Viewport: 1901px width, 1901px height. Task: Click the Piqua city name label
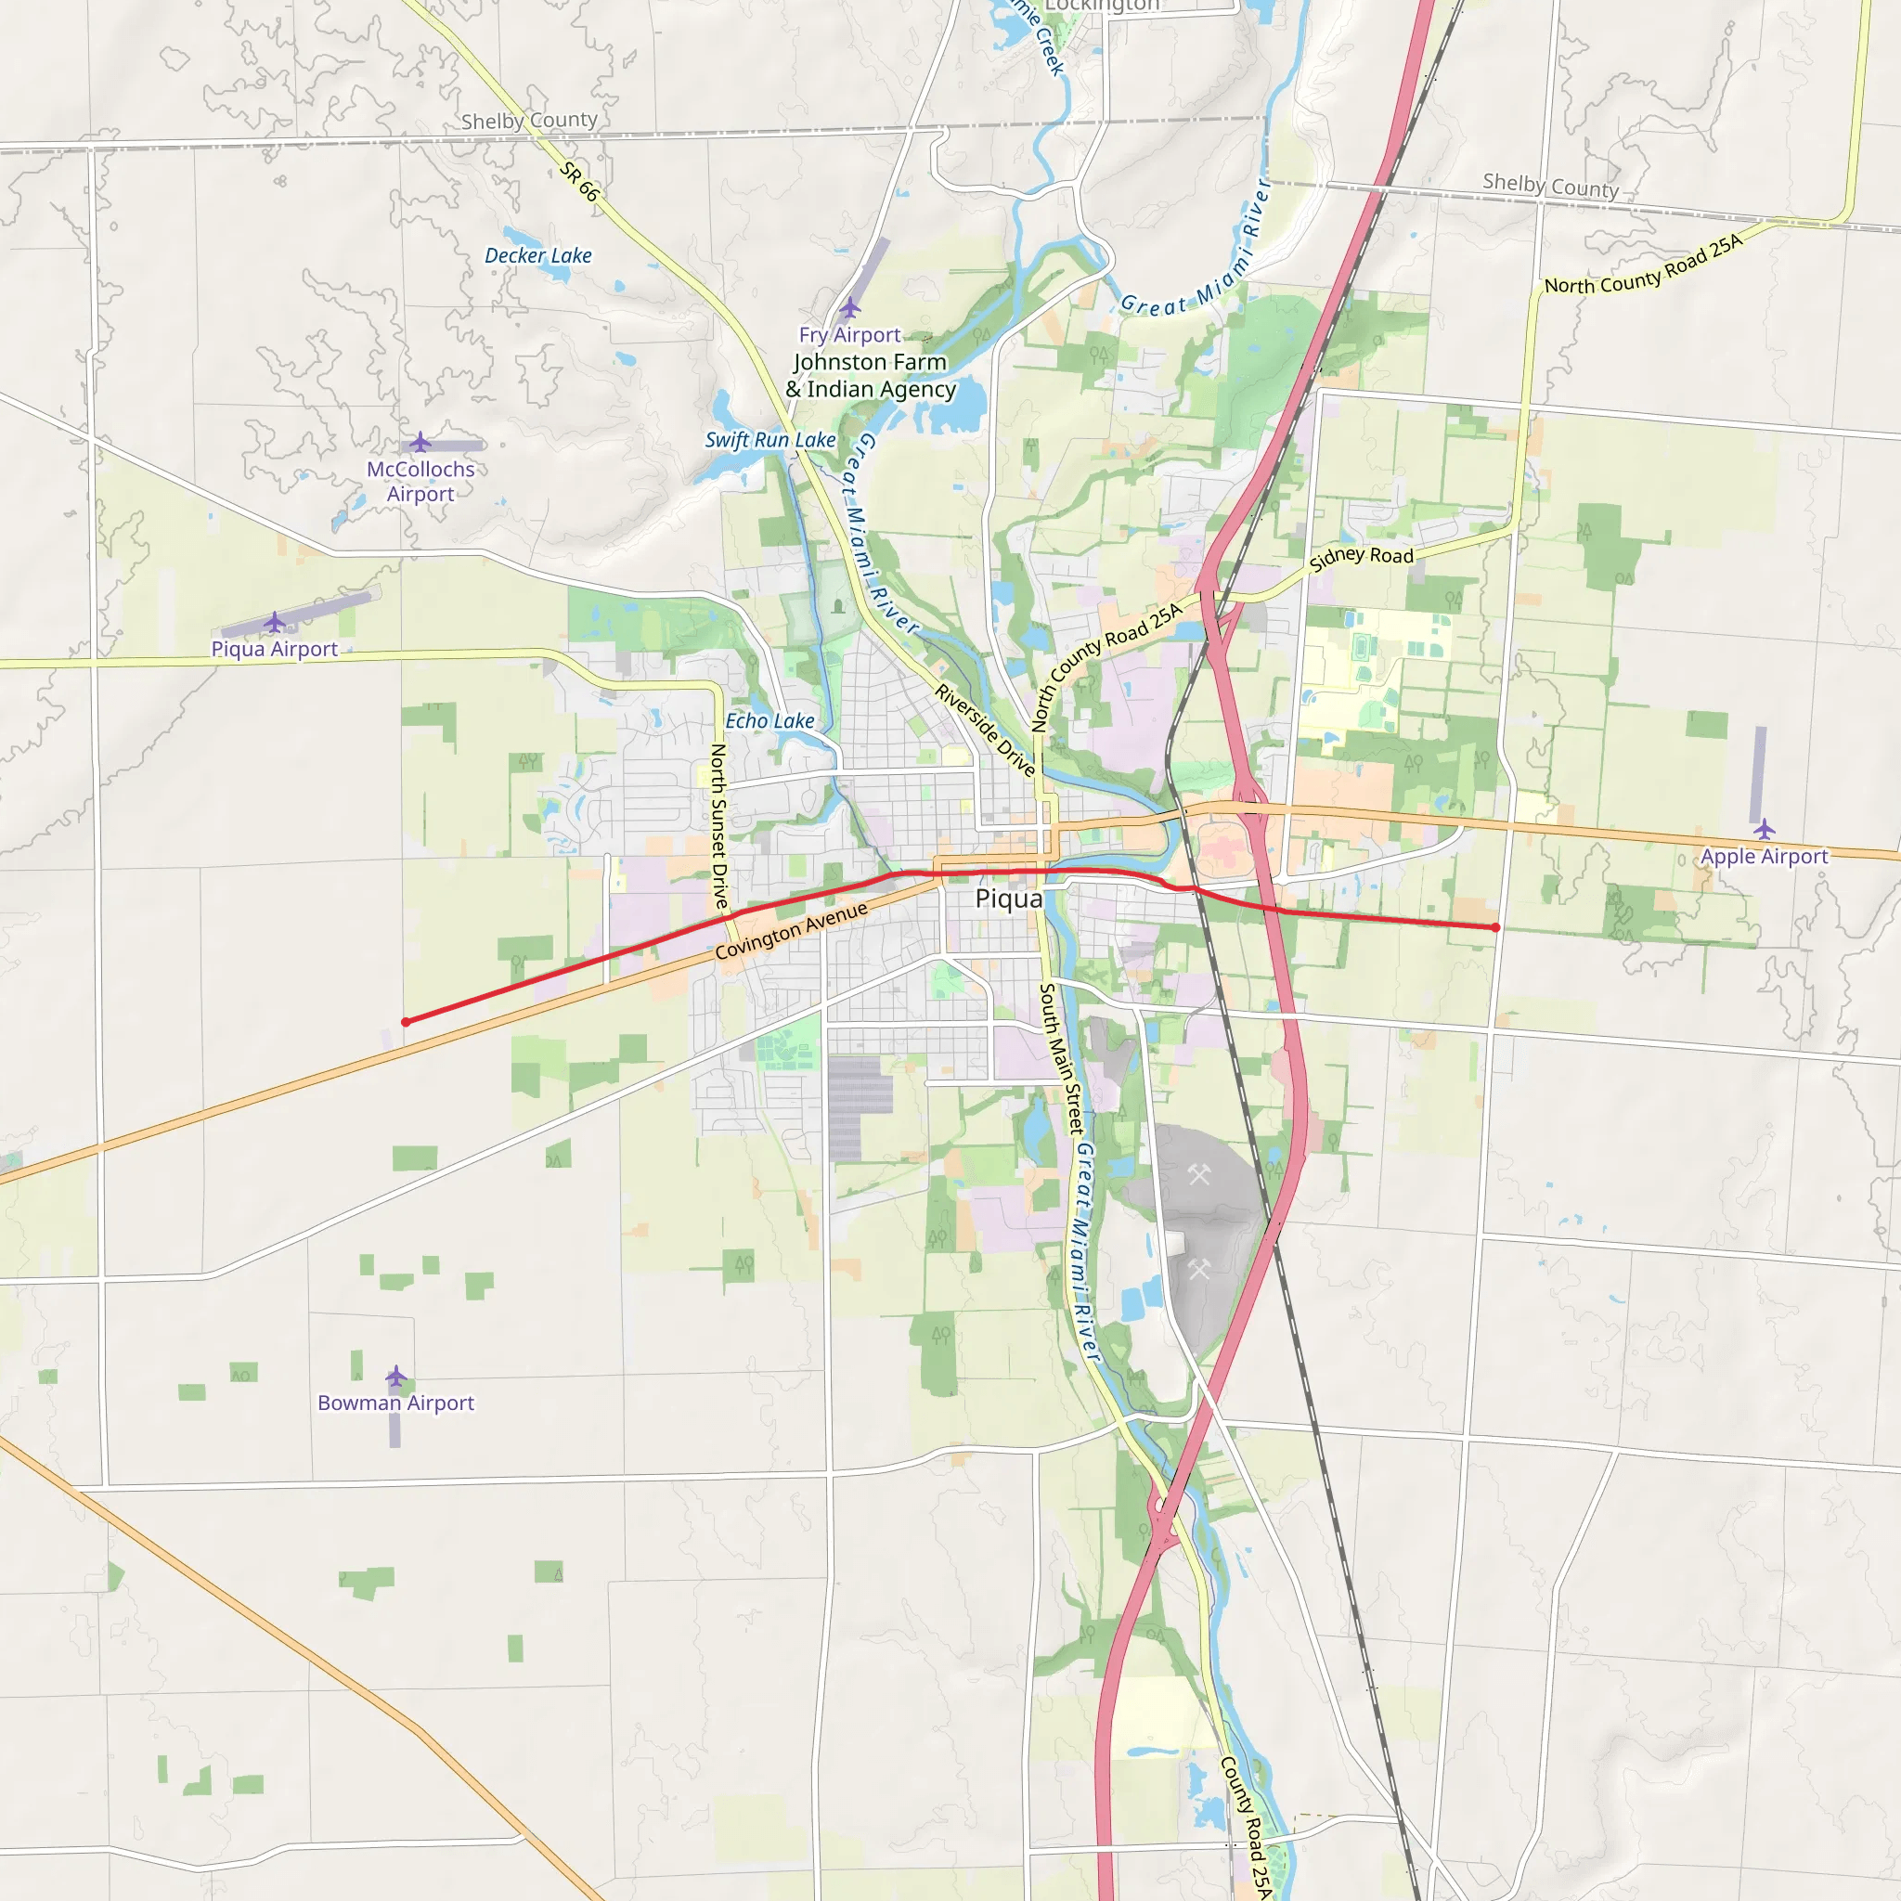(1009, 899)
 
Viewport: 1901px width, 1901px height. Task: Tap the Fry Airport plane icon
(850, 308)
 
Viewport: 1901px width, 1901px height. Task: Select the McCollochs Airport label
(420, 481)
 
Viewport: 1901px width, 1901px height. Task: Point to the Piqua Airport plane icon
(275, 622)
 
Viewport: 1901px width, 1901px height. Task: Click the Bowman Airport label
(395, 1403)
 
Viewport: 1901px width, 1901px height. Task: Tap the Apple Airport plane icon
(1765, 829)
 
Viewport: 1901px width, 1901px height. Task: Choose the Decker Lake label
(538, 256)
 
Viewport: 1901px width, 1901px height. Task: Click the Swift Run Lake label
(770, 440)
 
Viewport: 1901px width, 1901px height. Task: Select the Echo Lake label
(769, 720)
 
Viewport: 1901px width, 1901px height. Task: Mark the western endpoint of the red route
(406, 1022)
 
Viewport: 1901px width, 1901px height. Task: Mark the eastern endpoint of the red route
(1495, 928)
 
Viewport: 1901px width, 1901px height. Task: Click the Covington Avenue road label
(791, 930)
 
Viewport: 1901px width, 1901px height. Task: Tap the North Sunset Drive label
(719, 826)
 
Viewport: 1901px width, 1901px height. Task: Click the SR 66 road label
(578, 182)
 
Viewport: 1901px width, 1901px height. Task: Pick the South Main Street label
(1062, 1058)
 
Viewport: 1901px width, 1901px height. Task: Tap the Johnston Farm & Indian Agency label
(871, 376)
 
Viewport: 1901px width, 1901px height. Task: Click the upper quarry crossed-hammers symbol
(1198, 1174)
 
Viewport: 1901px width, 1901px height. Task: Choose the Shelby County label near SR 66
(529, 120)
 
